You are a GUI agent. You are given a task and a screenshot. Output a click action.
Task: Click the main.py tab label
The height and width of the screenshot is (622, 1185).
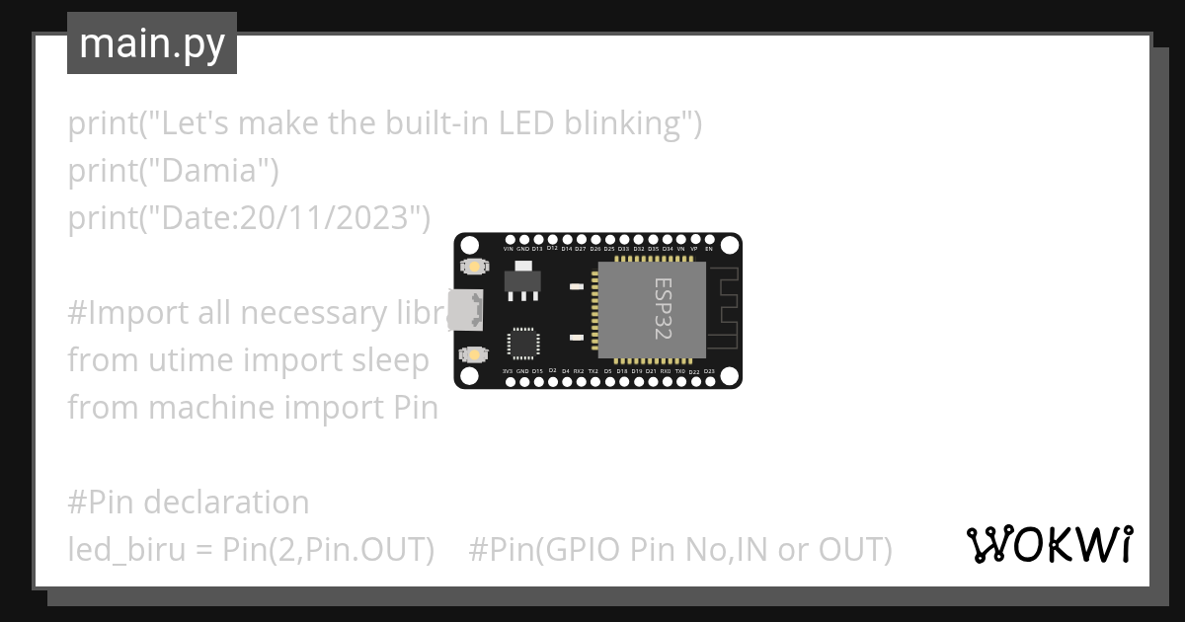tap(152, 43)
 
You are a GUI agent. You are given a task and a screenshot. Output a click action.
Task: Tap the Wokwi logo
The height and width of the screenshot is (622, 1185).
tap(1049, 544)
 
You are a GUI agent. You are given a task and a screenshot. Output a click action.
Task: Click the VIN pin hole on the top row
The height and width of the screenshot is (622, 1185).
tap(509, 240)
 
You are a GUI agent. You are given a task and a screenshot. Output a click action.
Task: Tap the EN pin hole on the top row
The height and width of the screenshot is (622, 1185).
tap(709, 240)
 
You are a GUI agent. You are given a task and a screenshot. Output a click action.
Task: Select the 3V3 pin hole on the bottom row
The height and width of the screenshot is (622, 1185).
tap(509, 380)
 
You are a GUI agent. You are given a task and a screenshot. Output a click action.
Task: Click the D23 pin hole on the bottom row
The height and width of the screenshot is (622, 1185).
tap(709, 380)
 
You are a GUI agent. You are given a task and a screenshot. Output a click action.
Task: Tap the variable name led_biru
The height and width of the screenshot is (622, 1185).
tap(125, 550)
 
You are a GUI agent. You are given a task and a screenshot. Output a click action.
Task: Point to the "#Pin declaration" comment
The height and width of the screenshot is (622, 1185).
tap(188, 503)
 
